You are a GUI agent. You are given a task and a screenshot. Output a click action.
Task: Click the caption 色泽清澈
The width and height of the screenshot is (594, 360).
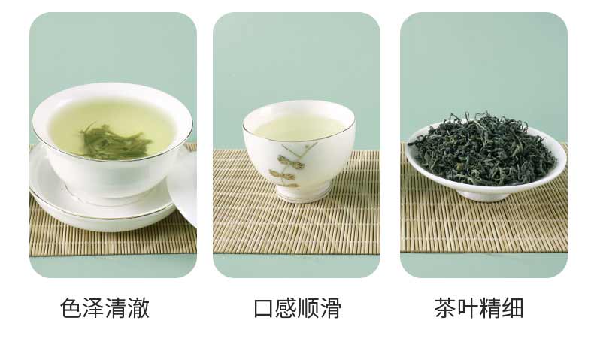pos(105,308)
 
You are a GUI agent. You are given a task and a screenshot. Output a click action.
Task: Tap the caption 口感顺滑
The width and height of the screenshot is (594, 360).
pos(297,308)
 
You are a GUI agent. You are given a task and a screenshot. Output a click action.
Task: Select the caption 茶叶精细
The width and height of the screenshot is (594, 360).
pos(479,308)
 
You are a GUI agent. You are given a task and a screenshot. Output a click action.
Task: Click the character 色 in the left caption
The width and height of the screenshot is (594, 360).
pos(71,308)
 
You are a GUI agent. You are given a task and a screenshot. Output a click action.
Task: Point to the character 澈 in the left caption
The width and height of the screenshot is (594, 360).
pos(138,308)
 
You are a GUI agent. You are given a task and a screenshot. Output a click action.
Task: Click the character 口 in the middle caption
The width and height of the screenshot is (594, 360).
pos(264,308)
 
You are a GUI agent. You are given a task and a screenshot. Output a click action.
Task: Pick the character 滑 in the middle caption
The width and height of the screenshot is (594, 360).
pos(331,308)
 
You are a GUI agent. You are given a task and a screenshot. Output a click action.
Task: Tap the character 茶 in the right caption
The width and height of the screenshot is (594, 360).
pos(446,308)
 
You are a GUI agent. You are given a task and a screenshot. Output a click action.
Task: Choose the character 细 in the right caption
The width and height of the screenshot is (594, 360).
pos(513,308)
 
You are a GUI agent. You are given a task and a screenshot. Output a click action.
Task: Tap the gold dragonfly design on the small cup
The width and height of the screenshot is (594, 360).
pos(292,162)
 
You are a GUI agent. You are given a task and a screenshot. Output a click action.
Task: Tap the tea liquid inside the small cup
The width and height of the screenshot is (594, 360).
pos(299,127)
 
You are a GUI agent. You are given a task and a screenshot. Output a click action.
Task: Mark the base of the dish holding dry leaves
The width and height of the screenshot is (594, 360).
pos(484,195)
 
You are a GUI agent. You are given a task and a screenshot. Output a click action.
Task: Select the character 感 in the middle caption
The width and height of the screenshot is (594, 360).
pos(286,308)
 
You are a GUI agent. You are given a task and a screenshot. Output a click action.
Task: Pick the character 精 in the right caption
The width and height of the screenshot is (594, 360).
pos(490,308)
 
